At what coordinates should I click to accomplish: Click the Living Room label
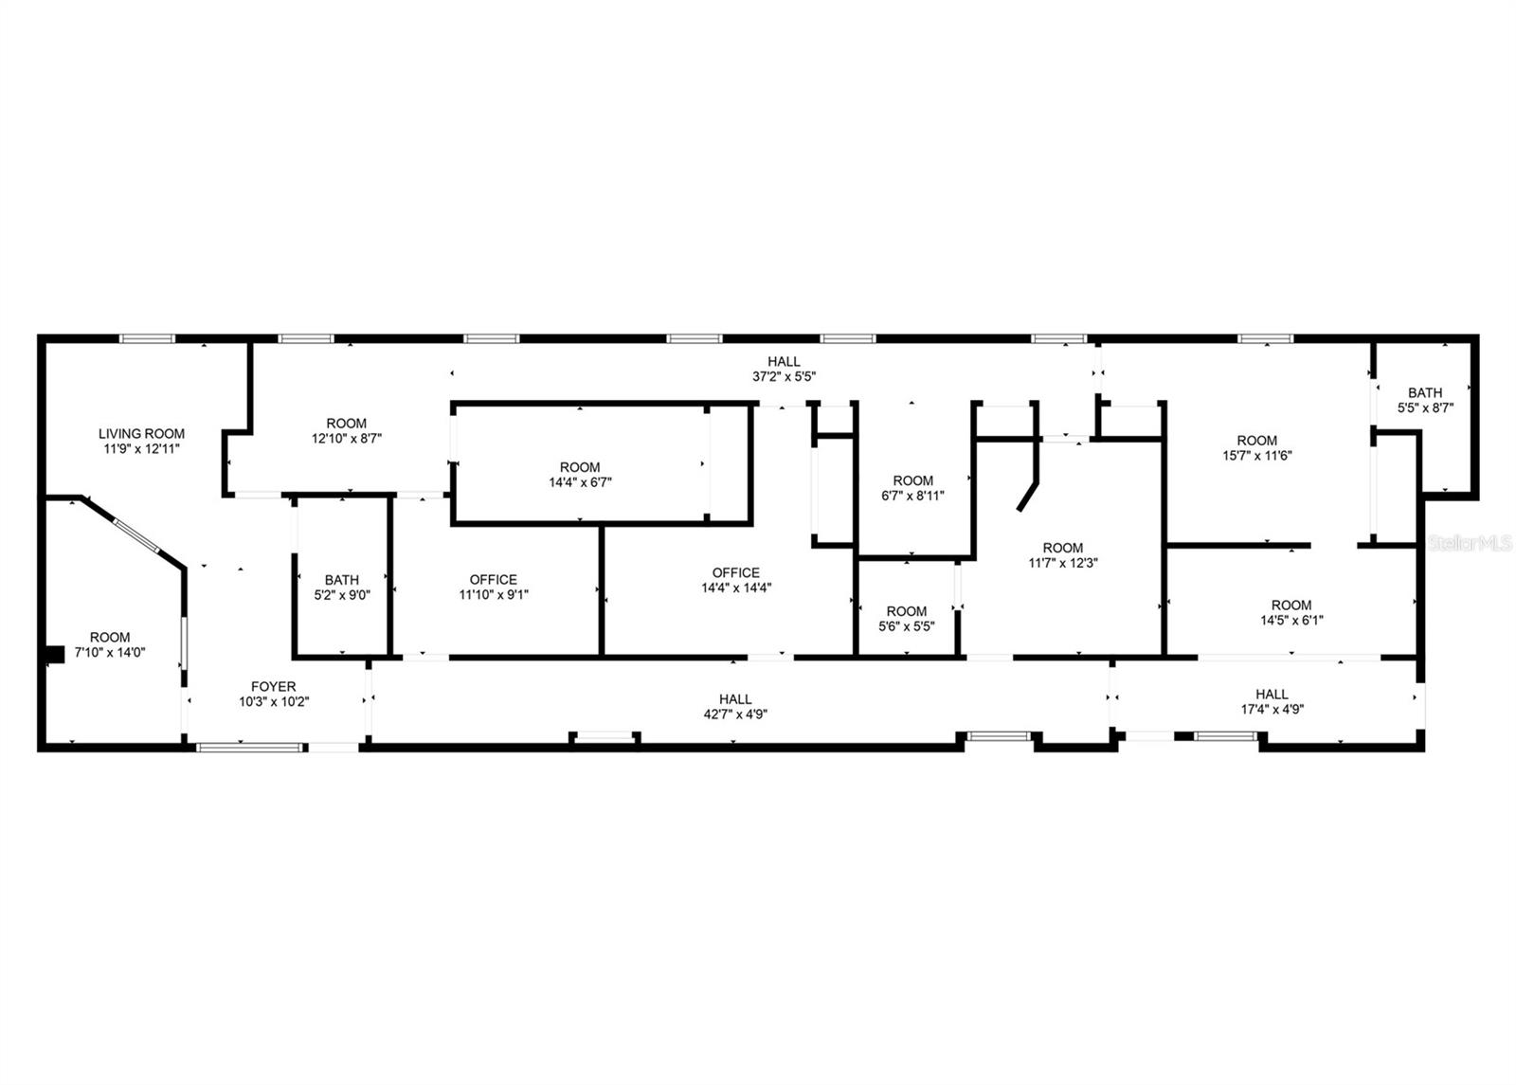pyautogui.click(x=141, y=434)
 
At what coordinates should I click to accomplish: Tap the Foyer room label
pyautogui.click(x=273, y=687)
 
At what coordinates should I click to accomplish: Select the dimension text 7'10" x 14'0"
pyautogui.click(x=110, y=652)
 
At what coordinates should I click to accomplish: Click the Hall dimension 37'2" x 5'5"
pyautogui.click(x=784, y=376)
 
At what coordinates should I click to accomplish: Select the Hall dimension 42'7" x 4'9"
pyautogui.click(x=735, y=714)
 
